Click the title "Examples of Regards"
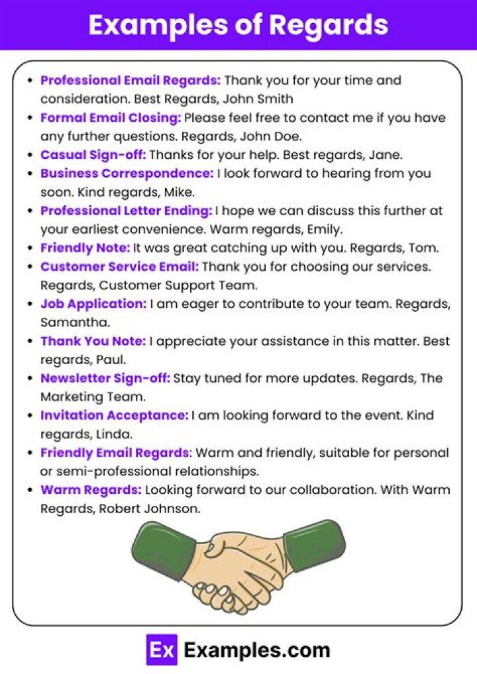tap(238, 24)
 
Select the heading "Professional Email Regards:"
tap(131, 81)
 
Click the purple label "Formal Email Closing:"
tap(111, 118)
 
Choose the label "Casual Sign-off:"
tap(93, 155)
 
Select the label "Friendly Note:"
tap(85, 248)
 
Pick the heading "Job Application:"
tap(93, 304)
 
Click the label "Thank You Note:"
tap(93, 341)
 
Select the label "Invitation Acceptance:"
tap(115, 416)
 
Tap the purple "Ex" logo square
tap(162, 650)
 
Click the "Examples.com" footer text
tap(256, 650)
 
